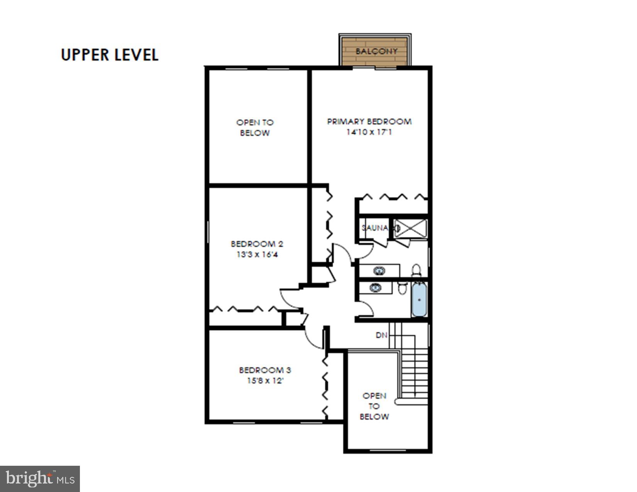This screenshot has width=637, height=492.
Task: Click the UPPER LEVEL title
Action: coord(110,55)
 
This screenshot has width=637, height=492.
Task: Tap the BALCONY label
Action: coord(376,51)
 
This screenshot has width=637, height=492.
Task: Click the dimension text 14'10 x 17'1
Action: coord(369,132)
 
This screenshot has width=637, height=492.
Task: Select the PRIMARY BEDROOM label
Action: coord(369,122)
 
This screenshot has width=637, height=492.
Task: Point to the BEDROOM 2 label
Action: coord(257,244)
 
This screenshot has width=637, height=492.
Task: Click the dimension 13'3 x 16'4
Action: coord(257,255)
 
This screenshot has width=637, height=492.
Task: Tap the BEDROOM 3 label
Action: coord(265,370)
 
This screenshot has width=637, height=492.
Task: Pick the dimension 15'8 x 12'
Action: coord(265,381)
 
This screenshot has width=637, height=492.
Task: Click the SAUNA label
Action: coord(374,228)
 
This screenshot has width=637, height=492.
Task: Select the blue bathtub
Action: coord(419,299)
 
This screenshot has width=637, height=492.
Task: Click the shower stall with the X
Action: coord(411,228)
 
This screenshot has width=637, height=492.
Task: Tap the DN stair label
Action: coord(381,335)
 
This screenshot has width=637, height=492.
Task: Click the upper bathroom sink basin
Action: coord(379,271)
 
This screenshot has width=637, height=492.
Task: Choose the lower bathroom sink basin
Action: coord(375,287)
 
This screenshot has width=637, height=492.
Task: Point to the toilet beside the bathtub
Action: coord(402,288)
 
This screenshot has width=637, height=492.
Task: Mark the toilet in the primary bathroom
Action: coord(416,270)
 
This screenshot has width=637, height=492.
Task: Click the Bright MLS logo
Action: coord(40,479)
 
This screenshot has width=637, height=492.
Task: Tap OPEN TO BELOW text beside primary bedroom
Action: coord(255,128)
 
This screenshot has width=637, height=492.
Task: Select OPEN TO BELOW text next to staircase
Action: coord(374,406)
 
